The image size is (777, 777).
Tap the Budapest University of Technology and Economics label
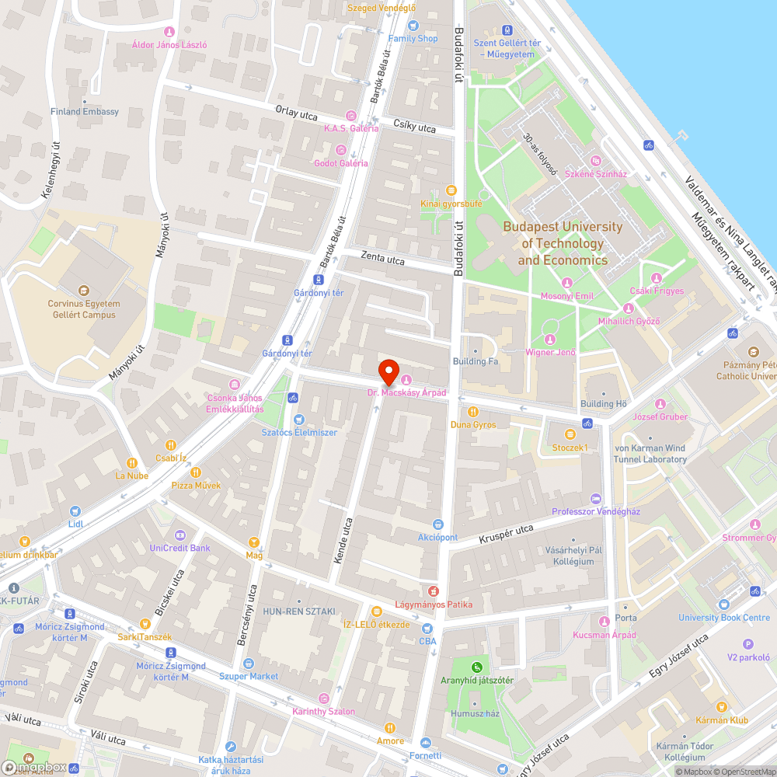[563, 243]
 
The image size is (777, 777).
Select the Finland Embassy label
[85, 112]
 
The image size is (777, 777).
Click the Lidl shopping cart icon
[75, 511]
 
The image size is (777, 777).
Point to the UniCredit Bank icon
[180, 535]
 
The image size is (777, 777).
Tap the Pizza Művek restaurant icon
[196, 472]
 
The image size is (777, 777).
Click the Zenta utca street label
[382, 258]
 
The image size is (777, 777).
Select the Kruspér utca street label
[506, 534]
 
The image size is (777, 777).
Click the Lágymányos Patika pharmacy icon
[434, 591]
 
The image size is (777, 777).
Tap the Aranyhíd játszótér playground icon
[476, 666]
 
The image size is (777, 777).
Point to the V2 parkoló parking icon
[748, 643]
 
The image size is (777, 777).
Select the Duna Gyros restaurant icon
[472, 412]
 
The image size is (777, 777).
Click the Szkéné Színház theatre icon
[595, 161]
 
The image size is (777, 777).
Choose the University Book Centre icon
[724, 604]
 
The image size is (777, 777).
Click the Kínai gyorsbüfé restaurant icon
[451, 190]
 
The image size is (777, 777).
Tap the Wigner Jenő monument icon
[550, 339]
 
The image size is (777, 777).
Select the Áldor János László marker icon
[169, 32]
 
